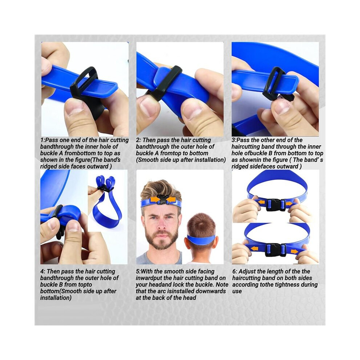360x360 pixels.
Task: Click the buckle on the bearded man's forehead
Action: (x=163, y=199)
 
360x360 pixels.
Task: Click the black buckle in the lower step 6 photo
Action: (x=275, y=250)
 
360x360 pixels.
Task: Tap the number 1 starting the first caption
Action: (x=42, y=140)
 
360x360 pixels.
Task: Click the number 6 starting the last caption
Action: (x=234, y=272)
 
